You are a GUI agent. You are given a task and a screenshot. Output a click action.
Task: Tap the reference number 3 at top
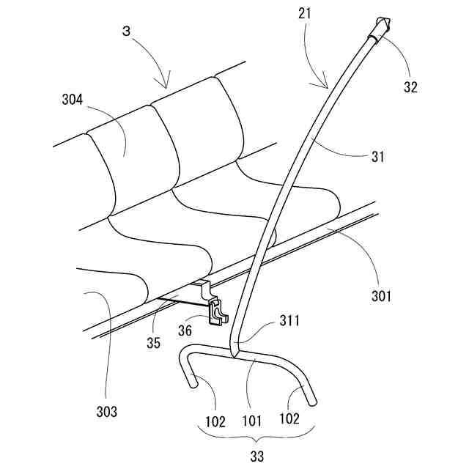pos(126,34)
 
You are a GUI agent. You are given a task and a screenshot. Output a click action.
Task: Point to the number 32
pos(410,86)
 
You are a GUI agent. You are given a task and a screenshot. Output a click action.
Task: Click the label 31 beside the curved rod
pos(378,157)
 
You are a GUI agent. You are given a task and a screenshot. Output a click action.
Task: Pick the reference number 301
pos(380,296)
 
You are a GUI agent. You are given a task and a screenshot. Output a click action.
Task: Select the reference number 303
pos(106,412)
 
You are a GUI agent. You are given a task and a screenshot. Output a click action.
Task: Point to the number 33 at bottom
pos(257,457)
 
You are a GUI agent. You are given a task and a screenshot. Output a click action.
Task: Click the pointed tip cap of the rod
pos(383,26)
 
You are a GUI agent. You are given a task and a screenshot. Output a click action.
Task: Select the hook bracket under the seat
pos(218,311)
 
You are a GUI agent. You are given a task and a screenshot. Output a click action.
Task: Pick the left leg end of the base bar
pos(193,380)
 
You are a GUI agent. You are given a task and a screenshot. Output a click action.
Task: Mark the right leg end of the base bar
pos(314,401)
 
